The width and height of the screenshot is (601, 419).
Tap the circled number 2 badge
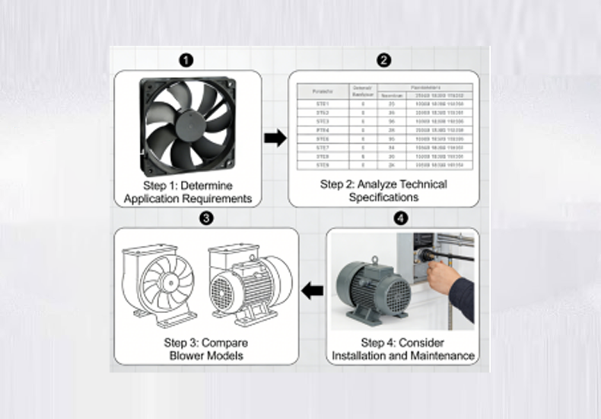[x=384, y=59]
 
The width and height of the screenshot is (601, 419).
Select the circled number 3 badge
[x=206, y=219]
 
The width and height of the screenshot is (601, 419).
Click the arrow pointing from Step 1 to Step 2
[x=275, y=138]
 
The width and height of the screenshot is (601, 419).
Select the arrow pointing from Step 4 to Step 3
[x=313, y=289]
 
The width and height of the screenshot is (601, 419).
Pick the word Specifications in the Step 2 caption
[x=383, y=197]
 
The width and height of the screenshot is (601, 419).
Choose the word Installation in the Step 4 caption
[x=361, y=356]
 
